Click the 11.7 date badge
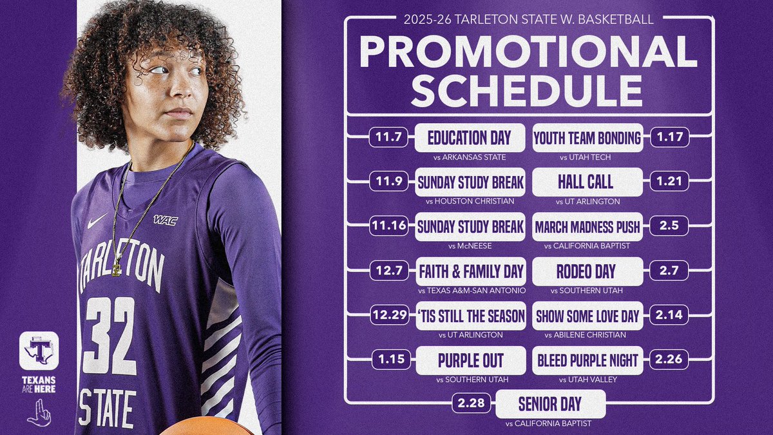(388, 137)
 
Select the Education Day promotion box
(469, 137)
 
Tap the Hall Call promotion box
(586, 182)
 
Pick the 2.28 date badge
(472, 404)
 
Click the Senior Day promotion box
(550, 404)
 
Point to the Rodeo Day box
(586, 271)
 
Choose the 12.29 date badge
(389, 315)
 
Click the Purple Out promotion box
(470, 360)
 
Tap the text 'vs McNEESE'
(469, 246)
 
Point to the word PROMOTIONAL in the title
(528, 52)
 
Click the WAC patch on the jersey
(165, 220)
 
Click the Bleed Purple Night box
(587, 360)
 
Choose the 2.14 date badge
(670, 315)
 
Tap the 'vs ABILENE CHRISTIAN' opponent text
(586, 334)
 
